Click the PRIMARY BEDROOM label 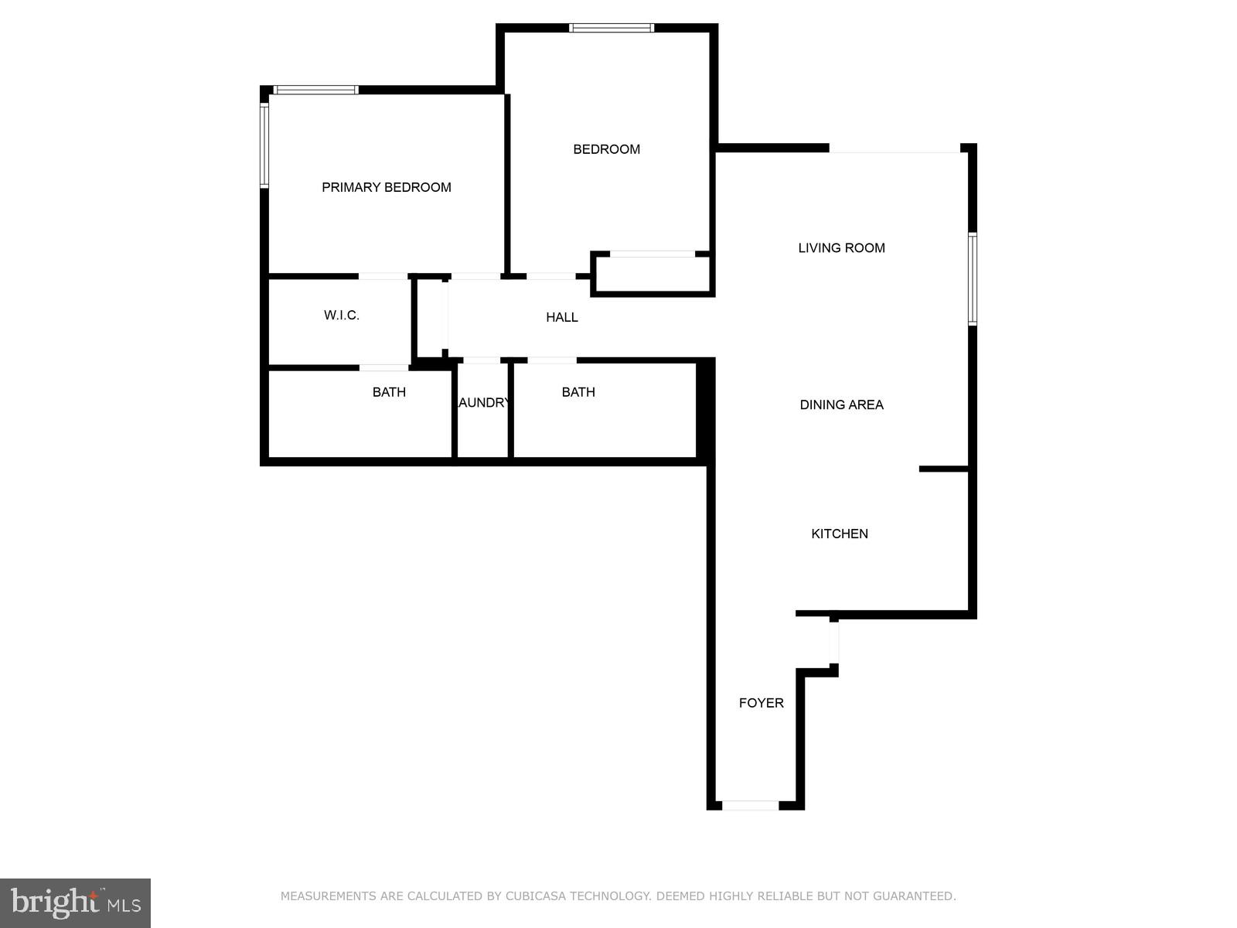[x=386, y=187]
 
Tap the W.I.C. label [x=341, y=316]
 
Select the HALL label [x=561, y=317]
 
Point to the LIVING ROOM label [x=841, y=248]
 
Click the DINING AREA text [x=841, y=404]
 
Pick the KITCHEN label [x=839, y=534]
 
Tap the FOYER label [x=761, y=703]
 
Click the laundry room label [x=483, y=403]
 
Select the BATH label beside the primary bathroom [x=389, y=392]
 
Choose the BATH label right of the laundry [x=578, y=392]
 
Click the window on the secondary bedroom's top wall [x=612, y=29]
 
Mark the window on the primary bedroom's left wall [x=264, y=145]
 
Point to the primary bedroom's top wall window [x=316, y=90]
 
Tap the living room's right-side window [x=973, y=278]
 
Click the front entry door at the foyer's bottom [x=750, y=806]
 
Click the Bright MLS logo [x=75, y=902]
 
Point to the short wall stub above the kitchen [x=943, y=469]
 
